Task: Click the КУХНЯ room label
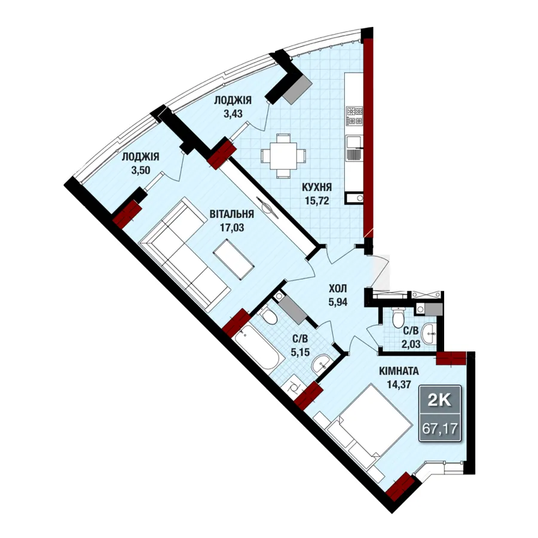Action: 317,187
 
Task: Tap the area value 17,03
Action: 232,227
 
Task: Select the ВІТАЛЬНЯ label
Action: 232,214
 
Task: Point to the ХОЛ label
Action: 338,288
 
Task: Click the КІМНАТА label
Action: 399,371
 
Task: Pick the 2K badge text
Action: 439,400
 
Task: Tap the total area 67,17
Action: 440,428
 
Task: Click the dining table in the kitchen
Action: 283,156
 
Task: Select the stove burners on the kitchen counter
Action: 354,116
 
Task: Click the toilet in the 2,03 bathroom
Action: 399,317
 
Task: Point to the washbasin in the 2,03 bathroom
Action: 429,333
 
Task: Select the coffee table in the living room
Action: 234,259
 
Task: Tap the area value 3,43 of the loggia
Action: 233,113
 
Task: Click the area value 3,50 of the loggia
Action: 140,170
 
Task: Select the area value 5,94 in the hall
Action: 338,302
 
